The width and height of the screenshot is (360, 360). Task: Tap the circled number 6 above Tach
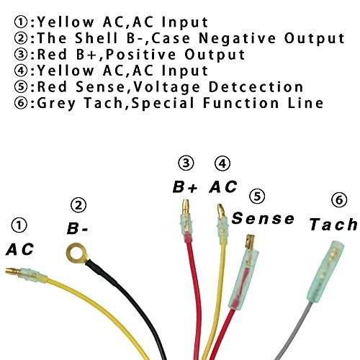pos(339,199)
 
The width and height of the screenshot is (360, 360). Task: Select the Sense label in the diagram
pos(263,218)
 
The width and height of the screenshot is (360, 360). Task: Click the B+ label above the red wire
pos(185,187)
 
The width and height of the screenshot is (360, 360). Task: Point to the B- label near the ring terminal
pos(77,228)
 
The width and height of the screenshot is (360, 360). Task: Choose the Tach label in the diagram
pos(333,225)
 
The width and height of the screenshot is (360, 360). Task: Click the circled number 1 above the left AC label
pos(19,225)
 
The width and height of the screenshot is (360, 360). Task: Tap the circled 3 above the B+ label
pos(186,163)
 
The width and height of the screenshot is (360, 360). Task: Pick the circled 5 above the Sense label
pos(257,197)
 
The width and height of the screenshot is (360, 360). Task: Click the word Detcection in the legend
pos(256,86)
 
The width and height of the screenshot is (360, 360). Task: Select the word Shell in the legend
pos(96,38)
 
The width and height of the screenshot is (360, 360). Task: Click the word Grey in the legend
pos(56,104)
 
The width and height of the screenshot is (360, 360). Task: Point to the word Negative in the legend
pos(237,38)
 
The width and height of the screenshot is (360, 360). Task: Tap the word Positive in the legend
pos(140,54)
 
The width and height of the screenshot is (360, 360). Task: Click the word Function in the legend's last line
pos(240,103)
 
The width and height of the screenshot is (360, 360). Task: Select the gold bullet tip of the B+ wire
pos(185,207)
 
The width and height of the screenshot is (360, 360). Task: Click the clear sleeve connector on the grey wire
pos(325,271)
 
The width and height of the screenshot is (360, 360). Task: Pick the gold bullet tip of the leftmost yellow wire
pos(13,271)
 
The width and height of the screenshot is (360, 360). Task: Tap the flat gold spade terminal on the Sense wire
pos(250,242)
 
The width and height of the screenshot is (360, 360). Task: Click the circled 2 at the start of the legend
pos(22,38)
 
